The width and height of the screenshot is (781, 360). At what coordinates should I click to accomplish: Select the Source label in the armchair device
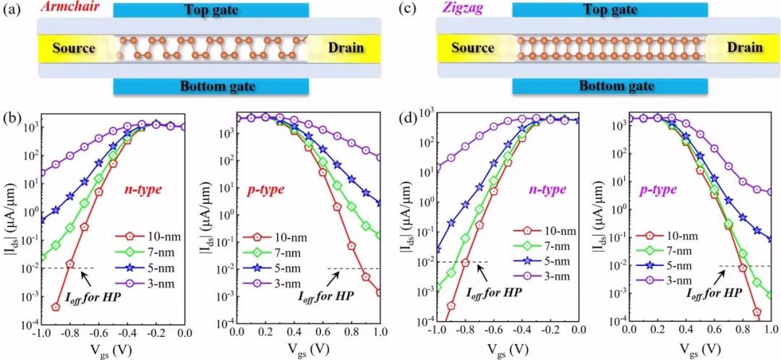point(74,48)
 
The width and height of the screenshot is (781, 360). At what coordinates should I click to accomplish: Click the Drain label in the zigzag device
point(744,48)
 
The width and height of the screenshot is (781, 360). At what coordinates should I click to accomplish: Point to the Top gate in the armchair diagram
point(211,10)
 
